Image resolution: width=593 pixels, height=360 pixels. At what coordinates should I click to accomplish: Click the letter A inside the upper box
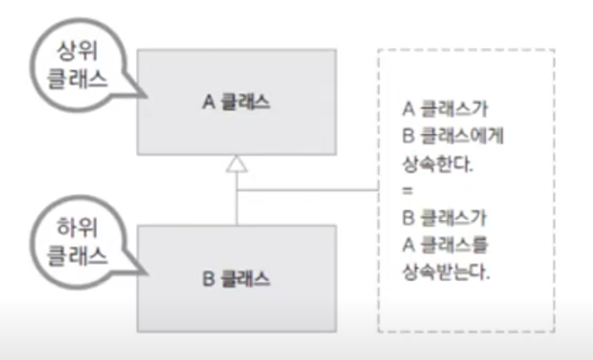208,102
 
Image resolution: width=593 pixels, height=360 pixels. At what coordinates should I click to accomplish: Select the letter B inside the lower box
208,278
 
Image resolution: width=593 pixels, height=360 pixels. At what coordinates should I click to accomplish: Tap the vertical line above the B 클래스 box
237,207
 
